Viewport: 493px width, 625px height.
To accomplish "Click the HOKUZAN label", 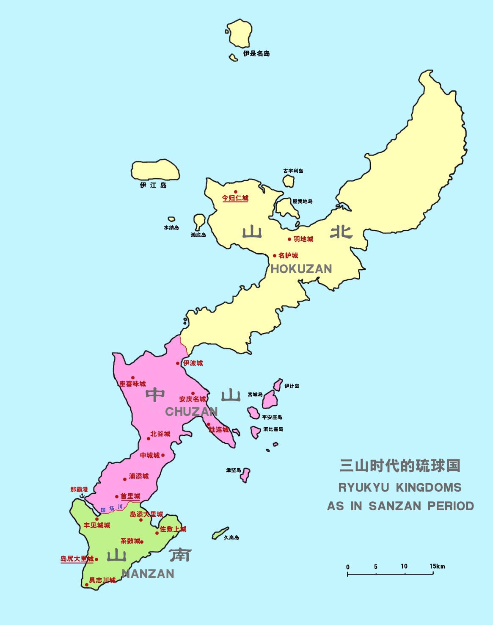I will coord(301,269).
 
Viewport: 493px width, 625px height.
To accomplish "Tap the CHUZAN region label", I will coord(191,412).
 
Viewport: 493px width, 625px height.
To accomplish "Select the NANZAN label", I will coord(148,574).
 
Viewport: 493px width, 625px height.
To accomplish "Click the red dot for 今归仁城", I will coord(236,192).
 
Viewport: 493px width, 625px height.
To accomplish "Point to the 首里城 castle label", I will coord(130,496).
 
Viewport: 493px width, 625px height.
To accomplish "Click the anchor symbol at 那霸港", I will coord(83,495).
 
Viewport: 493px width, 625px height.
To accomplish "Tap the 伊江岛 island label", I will coord(153,185).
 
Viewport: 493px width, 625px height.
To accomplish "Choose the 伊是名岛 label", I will coord(256,54).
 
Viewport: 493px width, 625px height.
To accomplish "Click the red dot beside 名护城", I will coord(275,256).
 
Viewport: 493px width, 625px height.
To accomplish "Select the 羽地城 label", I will coord(303,239).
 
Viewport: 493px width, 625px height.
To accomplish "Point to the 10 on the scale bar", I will coord(404,566).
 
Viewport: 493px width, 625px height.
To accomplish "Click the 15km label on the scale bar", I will coord(437,566).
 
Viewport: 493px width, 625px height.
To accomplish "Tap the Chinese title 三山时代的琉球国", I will coord(399,466).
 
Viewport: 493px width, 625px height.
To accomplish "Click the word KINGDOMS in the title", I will coord(429,487).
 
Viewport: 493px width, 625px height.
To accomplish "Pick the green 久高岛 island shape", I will coord(220,534).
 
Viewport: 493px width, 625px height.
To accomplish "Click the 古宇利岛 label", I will coord(293,171).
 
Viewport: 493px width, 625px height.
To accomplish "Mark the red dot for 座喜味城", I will coord(132,378).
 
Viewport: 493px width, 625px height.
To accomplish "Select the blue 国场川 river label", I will coord(112,508).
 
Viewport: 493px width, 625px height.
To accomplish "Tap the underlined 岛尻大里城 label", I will coord(77,559).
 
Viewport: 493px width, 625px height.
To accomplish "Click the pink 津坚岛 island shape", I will coord(245,475).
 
